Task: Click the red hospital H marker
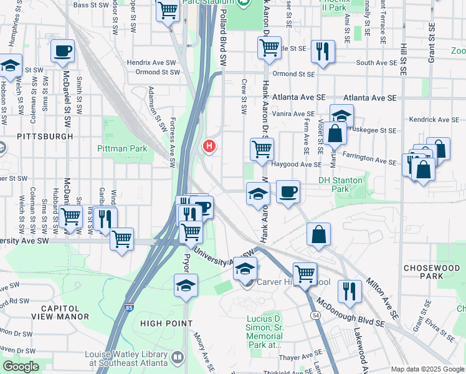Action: pyautogui.click(x=209, y=146)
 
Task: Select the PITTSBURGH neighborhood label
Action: pyautogui.click(x=45, y=136)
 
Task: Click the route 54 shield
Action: pyautogui.click(x=316, y=317)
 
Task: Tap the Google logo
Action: pyautogui.click(x=21, y=367)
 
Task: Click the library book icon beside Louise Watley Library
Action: pyautogui.click(x=178, y=358)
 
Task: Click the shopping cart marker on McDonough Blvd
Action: pyautogui.click(x=305, y=273)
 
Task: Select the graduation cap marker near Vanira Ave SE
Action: pyautogui.click(x=341, y=115)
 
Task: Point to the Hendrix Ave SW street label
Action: pyautogui.click(x=148, y=63)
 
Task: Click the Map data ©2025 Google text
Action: pyautogui.click(x=427, y=368)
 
